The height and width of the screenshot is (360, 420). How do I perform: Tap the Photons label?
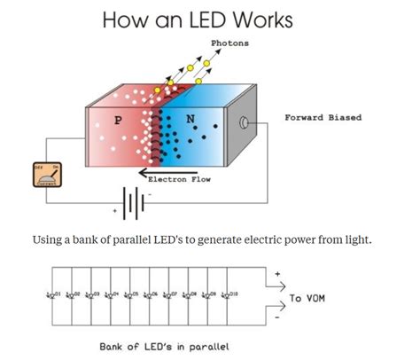229,43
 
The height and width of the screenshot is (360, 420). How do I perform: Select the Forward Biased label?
322,117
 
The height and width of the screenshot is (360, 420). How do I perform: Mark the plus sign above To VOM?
280,274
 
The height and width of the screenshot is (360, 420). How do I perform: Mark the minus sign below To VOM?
280,317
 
